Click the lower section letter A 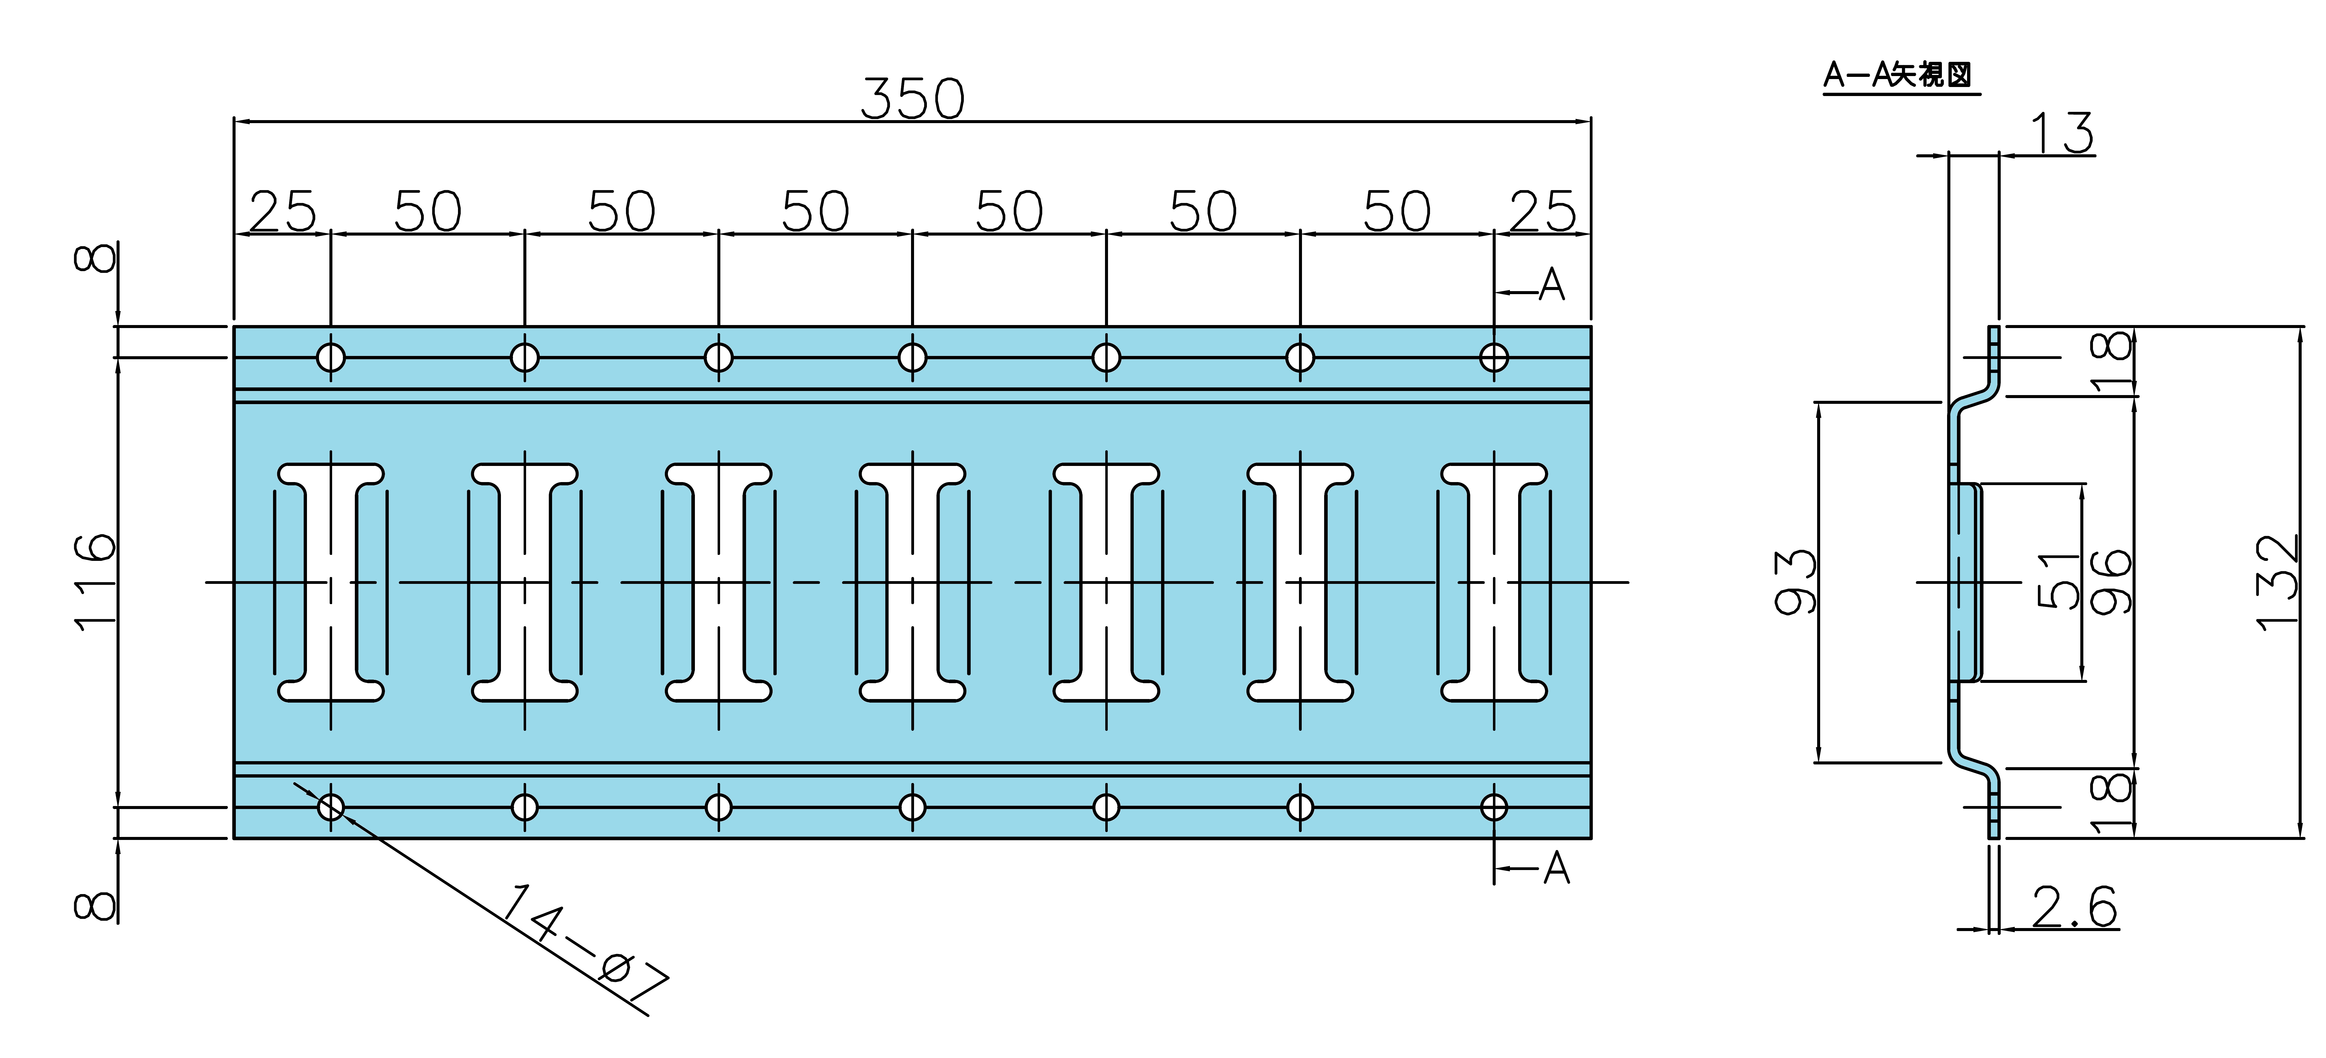(1557, 868)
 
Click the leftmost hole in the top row (330, 358)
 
